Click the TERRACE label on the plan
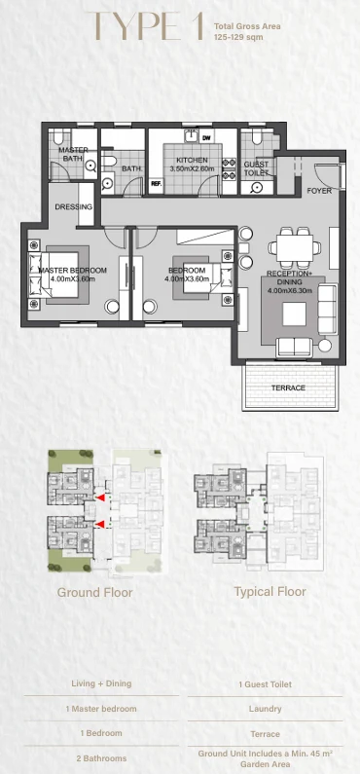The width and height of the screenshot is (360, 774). tap(288, 388)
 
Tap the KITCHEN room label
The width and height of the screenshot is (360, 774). tap(193, 161)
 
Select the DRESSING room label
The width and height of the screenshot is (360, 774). tap(74, 206)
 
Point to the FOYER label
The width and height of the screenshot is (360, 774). tap(319, 191)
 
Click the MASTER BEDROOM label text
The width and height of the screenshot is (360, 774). tap(73, 271)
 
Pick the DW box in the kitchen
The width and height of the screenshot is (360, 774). tap(207, 137)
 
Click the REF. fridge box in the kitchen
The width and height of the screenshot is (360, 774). tap(157, 184)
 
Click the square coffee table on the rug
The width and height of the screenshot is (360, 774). tap(295, 313)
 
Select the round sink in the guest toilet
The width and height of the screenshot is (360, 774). tap(256, 187)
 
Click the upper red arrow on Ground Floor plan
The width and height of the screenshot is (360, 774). tap(100, 498)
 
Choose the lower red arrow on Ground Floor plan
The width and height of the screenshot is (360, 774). tap(100, 524)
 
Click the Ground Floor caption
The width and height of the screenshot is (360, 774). tap(94, 592)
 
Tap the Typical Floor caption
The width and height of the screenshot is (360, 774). tap(270, 592)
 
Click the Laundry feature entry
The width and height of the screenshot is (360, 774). tap(266, 709)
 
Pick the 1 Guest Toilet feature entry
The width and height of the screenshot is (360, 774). tap(266, 684)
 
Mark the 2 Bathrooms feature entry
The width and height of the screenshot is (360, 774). tap(101, 758)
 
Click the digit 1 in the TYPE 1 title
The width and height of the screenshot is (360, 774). tap(198, 25)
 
